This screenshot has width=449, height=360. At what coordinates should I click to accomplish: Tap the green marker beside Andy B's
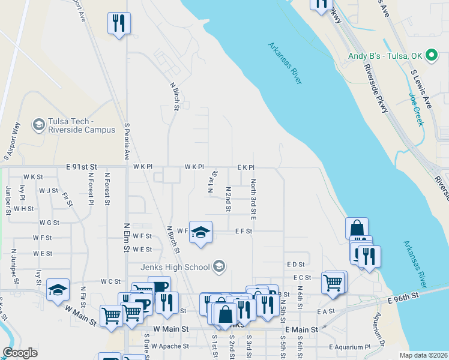click(x=431, y=56)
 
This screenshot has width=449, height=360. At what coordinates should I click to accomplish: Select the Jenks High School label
click(x=176, y=267)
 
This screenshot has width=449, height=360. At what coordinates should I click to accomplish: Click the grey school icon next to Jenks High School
click(x=219, y=266)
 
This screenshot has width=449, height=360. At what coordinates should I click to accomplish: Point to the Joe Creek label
click(x=417, y=109)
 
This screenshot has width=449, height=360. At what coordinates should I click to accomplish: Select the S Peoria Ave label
click(x=127, y=142)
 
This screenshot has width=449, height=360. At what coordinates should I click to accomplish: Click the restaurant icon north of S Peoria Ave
click(x=119, y=23)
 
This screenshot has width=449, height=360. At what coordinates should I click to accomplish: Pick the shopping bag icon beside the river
click(x=357, y=228)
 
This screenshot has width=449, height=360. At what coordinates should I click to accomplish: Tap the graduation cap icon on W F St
click(x=201, y=232)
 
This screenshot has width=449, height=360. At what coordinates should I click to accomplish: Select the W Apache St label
click(x=170, y=346)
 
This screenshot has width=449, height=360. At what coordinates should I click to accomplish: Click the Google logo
click(x=19, y=353)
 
